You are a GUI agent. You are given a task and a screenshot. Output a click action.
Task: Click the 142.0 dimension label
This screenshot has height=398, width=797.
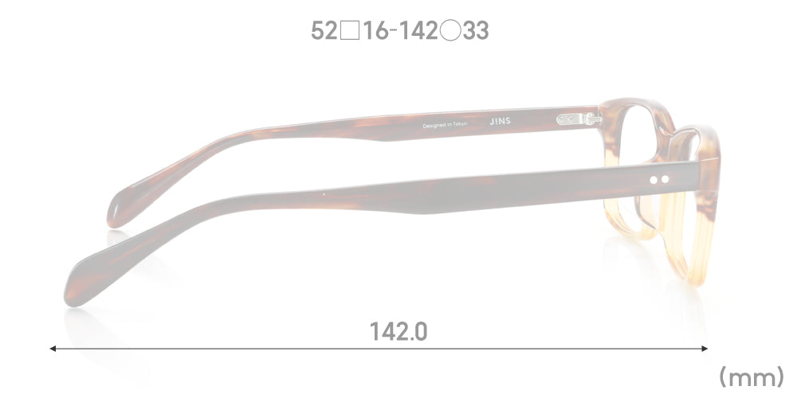(398, 332)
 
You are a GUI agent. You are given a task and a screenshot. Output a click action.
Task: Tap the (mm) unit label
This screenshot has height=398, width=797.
(752, 377)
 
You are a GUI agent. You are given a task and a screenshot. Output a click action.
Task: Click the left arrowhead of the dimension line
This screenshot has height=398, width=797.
(53, 349)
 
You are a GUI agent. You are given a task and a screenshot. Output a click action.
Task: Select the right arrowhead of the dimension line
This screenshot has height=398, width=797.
(705, 349)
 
